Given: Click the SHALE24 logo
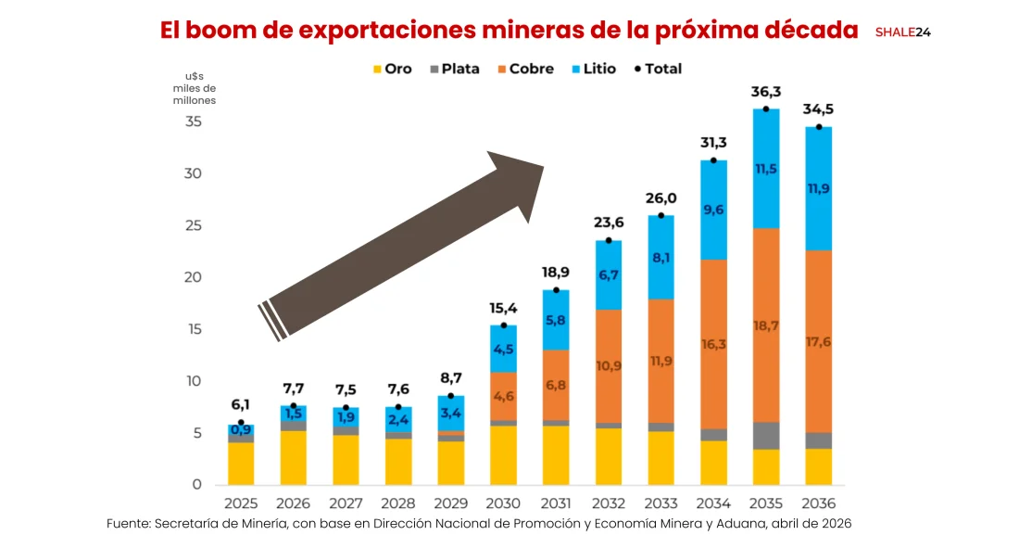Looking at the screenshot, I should pyautogui.click(x=902, y=32).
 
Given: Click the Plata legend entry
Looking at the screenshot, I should pyautogui.click(x=453, y=69).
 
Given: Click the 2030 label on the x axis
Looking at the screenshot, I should pyautogui.click(x=503, y=503).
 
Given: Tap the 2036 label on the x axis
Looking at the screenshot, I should pyautogui.click(x=818, y=503).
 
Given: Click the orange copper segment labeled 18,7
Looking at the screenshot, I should pyautogui.click(x=765, y=325).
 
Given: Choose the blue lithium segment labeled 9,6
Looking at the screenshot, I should pyautogui.click(x=713, y=210).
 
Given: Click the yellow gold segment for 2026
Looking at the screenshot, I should pyautogui.click(x=294, y=457).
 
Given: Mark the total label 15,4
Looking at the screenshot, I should pyautogui.click(x=503, y=308).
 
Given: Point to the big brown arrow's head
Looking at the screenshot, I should pyautogui.click(x=519, y=181).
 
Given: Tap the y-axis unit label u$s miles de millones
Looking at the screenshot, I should pyautogui.click(x=194, y=88).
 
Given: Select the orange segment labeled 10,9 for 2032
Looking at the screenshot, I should pyautogui.click(x=609, y=365).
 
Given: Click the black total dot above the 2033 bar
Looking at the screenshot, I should pyautogui.click(x=660, y=216).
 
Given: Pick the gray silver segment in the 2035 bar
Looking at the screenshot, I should pyautogui.click(x=765, y=436).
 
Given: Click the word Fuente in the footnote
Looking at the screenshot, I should pyautogui.click(x=128, y=524).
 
